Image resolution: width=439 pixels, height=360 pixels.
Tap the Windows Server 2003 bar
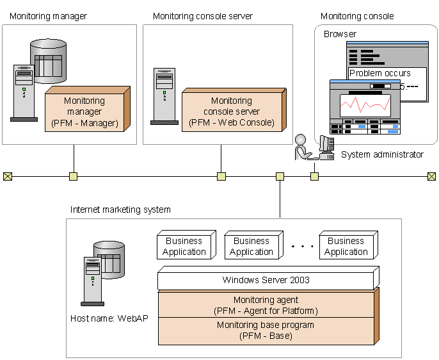265,280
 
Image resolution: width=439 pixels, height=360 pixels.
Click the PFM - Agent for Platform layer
266,305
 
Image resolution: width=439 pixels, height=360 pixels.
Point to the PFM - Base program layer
266,331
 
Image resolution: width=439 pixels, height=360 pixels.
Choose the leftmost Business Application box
184,247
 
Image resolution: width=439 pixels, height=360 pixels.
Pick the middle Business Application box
251,247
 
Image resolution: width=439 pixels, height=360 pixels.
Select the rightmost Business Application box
346,247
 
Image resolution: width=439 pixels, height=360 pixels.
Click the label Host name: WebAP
109,318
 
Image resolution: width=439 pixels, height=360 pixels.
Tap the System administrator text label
382,154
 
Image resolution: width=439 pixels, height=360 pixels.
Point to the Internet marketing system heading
120,209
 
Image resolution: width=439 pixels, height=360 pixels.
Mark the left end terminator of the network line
8,176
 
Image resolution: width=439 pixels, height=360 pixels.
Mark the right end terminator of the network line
432,176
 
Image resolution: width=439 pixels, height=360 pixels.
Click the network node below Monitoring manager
74,176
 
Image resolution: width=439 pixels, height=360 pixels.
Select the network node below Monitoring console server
221,176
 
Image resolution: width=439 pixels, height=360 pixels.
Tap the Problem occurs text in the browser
380,73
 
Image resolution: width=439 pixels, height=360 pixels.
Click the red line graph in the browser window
364,104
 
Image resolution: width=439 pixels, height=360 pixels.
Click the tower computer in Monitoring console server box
164,96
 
